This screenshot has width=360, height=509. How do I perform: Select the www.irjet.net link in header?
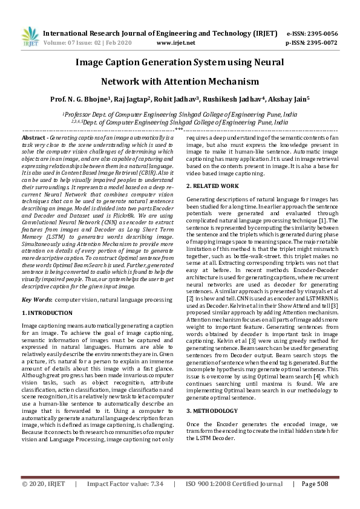175,44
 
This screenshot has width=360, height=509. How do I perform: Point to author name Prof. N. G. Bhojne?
79,99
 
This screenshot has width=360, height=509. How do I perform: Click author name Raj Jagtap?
132,99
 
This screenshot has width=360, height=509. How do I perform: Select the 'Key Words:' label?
36,300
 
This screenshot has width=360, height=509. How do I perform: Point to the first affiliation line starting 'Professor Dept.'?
180,114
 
